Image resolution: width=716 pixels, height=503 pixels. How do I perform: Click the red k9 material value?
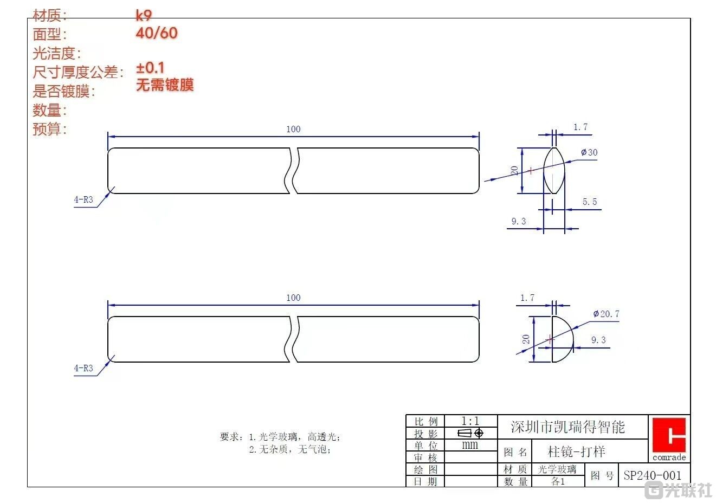click(x=144, y=15)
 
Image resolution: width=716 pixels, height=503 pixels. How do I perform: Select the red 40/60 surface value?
click(x=157, y=33)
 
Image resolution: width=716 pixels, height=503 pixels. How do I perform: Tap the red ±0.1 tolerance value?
click(x=150, y=68)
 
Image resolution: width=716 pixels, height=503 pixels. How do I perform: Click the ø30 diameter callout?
click(x=589, y=152)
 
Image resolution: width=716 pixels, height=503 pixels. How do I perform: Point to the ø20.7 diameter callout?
click(x=606, y=314)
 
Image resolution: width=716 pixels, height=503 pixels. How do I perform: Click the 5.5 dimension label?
click(x=590, y=202)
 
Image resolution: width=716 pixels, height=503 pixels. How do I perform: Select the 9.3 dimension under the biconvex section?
click(x=519, y=221)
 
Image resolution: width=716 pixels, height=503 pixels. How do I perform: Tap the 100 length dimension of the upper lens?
click(x=293, y=129)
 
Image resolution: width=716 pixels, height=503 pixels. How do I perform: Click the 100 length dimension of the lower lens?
click(x=293, y=298)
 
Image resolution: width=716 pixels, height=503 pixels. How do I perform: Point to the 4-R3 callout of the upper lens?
click(x=83, y=199)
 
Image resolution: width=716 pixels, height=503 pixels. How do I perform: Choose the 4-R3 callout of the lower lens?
click(x=83, y=368)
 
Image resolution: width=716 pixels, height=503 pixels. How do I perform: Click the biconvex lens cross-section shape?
click(x=554, y=170)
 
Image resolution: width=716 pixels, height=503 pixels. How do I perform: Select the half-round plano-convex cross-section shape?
click(x=562, y=339)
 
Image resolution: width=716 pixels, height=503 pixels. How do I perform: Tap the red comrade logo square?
click(x=669, y=435)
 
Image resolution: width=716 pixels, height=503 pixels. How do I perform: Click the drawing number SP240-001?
click(x=653, y=475)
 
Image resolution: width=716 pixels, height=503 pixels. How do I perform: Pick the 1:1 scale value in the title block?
click(x=470, y=421)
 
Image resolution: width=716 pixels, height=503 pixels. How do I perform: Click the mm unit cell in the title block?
click(x=470, y=445)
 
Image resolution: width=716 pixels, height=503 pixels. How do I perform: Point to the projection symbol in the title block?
click(x=470, y=433)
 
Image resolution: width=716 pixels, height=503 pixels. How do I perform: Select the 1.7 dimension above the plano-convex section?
click(x=527, y=298)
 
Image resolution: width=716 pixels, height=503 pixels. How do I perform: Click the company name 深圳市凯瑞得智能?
click(x=567, y=427)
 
